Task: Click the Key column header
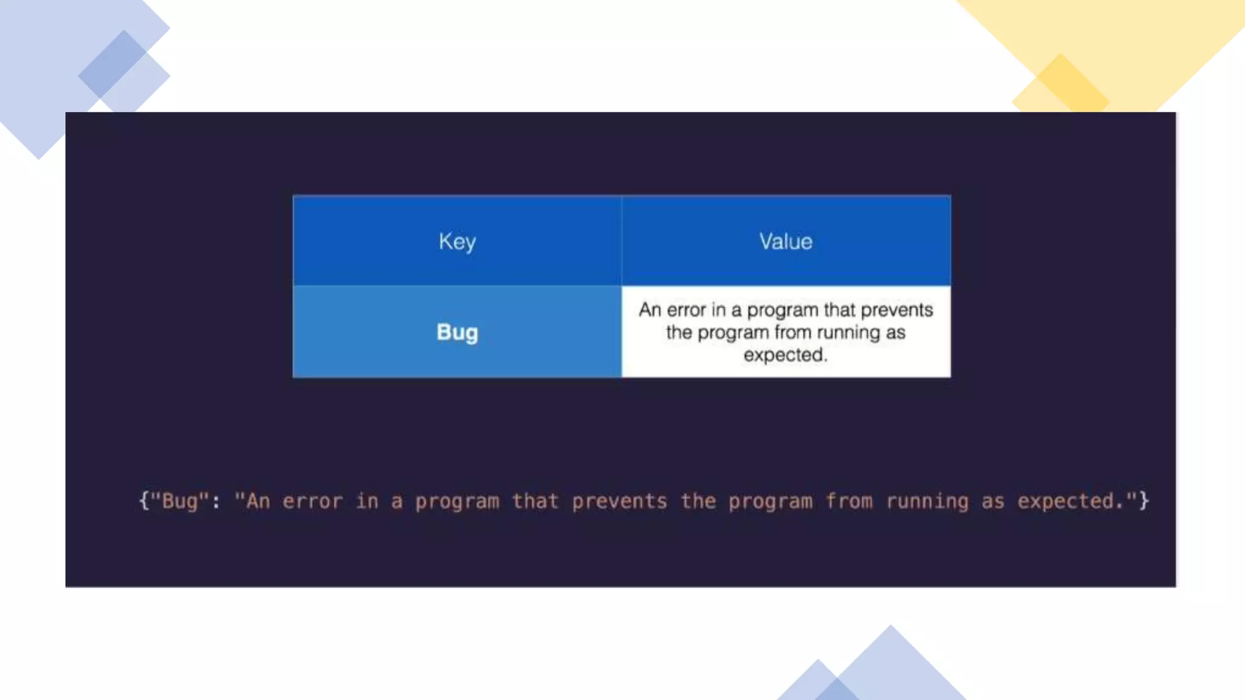tap(457, 242)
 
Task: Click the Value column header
tap(785, 242)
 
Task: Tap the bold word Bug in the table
tap(457, 332)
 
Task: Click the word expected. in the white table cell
tap(785, 355)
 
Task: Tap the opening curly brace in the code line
tap(144, 501)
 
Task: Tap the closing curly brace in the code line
tap(1143, 501)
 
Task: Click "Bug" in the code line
tap(179, 501)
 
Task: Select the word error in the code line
tap(312, 501)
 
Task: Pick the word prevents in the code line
tap(619, 501)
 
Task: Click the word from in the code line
tap(849, 501)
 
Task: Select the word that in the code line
tap(535, 501)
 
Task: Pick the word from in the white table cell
tap(793, 333)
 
